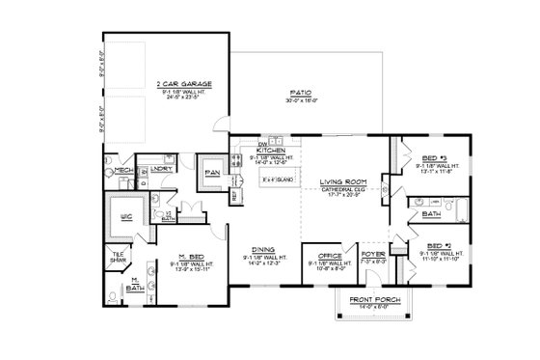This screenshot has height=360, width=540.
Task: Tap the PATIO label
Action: point(298,94)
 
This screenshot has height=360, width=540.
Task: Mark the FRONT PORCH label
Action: point(371,300)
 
